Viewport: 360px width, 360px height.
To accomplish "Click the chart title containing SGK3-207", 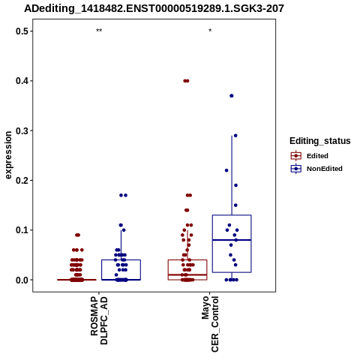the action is pyautogui.click(x=154, y=9).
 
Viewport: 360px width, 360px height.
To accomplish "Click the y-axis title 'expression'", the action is pyautogui.click(x=8, y=155).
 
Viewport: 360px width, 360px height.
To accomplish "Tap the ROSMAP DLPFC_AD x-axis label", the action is pyautogui.click(x=99, y=320).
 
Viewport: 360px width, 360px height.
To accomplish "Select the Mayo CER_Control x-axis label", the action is pyautogui.click(x=210, y=324).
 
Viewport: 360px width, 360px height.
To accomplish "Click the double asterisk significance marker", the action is pyautogui.click(x=99, y=31).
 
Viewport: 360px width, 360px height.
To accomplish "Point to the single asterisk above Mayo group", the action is pyautogui.click(x=210, y=31).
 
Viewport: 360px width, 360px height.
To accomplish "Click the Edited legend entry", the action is pyautogui.click(x=310, y=156).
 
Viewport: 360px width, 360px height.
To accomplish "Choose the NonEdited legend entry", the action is pyautogui.click(x=316, y=169).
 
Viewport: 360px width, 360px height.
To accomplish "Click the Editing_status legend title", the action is pyautogui.click(x=320, y=141).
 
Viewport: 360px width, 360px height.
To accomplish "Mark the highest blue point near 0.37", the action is pyautogui.click(x=232, y=96).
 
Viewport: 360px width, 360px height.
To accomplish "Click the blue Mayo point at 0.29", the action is pyautogui.click(x=235, y=136).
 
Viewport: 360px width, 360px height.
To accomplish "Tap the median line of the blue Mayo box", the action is pyautogui.click(x=232, y=240).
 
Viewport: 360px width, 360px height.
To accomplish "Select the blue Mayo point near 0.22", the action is pyautogui.click(x=226, y=170).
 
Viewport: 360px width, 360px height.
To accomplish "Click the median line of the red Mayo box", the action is pyautogui.click(x=187, y=274).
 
